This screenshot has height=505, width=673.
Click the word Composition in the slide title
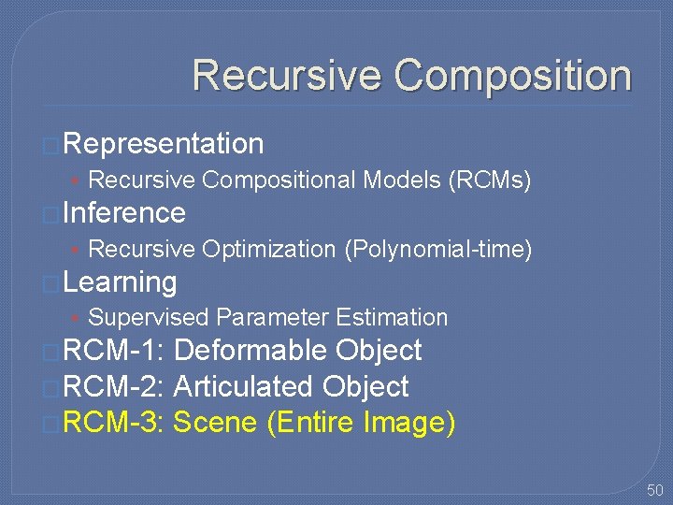coord(512,76)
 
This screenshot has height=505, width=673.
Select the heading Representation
coord(165,144)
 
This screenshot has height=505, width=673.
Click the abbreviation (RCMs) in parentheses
coord(490,180)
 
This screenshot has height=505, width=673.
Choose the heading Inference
coord(125,213)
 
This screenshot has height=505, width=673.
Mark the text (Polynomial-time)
coord(437,249)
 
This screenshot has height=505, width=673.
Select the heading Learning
coord(121,281)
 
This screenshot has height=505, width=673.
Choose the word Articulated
coord(244,386)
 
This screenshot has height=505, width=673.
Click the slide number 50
coord(653,490)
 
